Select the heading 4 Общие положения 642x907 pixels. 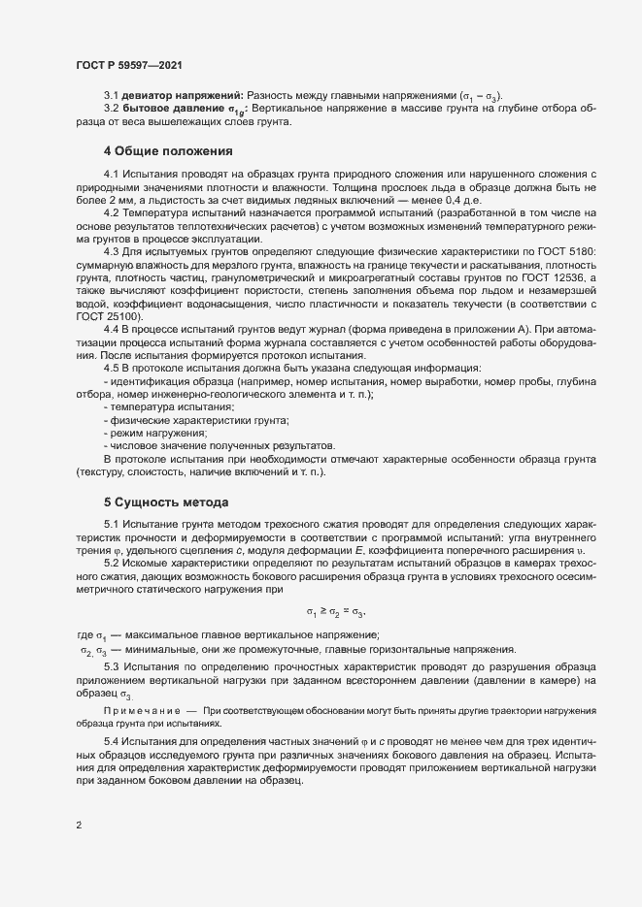168,151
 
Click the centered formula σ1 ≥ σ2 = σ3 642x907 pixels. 336,613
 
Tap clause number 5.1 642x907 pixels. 112,525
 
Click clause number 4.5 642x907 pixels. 112,368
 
